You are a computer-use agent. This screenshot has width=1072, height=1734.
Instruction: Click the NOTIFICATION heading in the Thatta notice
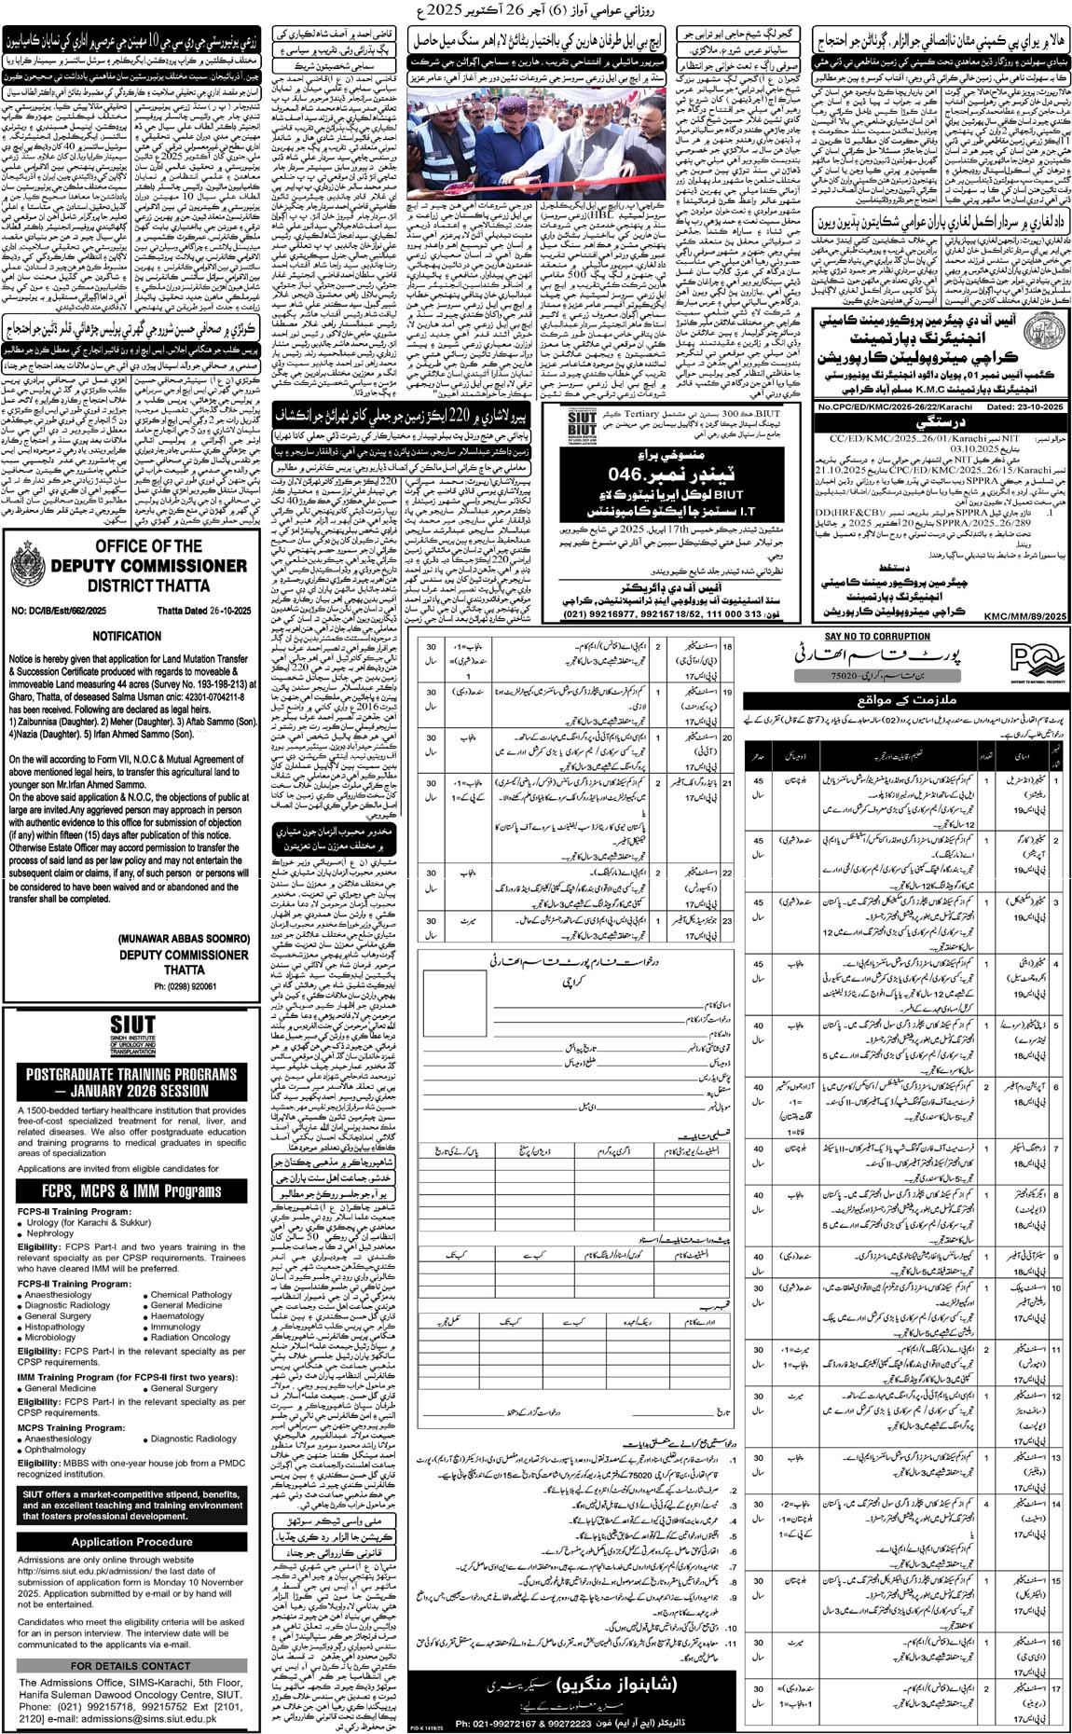pyautogui.click(x=128, y=635)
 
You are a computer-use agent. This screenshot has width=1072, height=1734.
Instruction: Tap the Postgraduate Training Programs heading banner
pyautogui.click(x=131, y=1081)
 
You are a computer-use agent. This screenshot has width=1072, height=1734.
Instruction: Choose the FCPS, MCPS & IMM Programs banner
pyautogui.click(x=131, y=1190)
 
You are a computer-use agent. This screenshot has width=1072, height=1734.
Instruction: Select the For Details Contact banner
pyautogui.click(x=131, y=1665)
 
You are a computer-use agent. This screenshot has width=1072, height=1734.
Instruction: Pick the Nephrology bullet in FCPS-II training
pyautogui.click(x=50, y=1232)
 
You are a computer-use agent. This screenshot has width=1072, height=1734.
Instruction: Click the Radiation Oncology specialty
pyautogui.click(x=190, y=1337)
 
